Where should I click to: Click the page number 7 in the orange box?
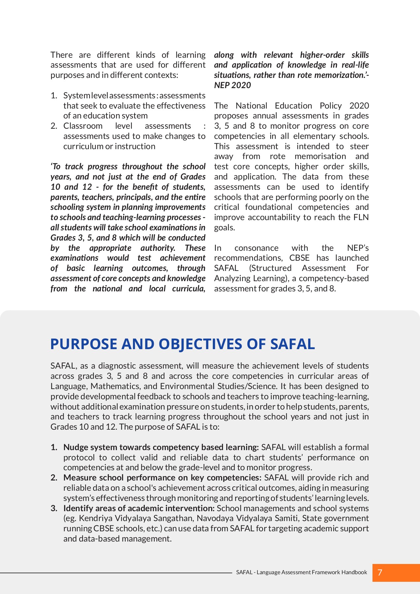coord(380,572)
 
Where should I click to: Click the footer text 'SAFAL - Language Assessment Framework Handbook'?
coord(301,572)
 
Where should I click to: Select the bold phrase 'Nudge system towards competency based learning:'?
coord(161,447)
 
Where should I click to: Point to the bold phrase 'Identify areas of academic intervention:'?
coord(139,508)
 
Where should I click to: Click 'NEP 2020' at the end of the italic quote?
coord(232,85)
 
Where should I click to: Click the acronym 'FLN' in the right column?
coord(362,217)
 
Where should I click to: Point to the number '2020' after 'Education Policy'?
coord(359,106)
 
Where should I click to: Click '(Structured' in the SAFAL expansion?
coord(270,268)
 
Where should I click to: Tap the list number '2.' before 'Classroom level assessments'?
coord(54,126)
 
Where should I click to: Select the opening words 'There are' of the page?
coord(70,55)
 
